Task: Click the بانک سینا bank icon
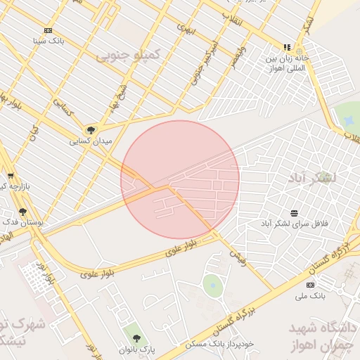point(48,30)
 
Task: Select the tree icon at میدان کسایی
point(90,130)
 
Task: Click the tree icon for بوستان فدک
point(23,211)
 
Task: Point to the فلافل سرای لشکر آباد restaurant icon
point(293,212)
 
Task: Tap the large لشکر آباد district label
point(312,178)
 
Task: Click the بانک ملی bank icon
point(310,285)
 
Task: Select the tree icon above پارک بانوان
point(136,338)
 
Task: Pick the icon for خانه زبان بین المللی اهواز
point(286,48)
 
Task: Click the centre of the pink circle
point(180,180)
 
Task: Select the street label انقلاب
point(231,19)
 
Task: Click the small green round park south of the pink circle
point(212,285)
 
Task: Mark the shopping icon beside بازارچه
point(10,176)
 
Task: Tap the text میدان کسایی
point(90,141)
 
